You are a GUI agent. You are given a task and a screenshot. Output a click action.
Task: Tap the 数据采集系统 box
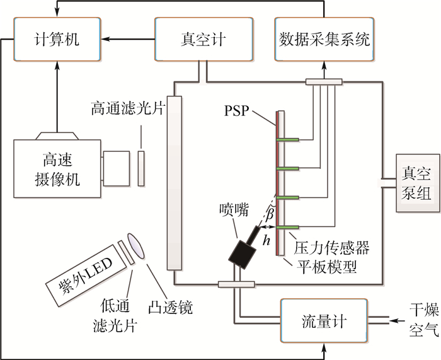pyautogui.click(x=324, y=40)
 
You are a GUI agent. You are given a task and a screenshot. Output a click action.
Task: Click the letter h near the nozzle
pyautogui.click(x=268, y=240)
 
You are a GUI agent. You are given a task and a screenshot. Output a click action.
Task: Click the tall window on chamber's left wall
pyautogui.click(x=175, y=183)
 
